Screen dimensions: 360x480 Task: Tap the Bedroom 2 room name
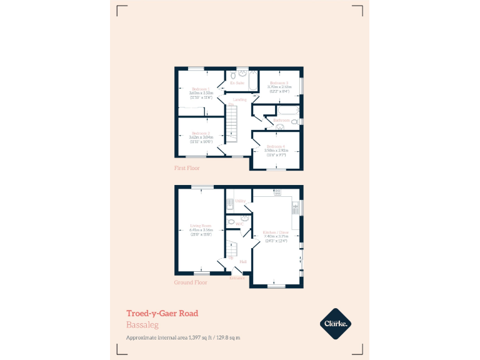tap(201, 133)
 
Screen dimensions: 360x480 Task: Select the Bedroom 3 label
tap(279, 83)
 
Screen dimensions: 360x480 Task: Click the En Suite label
tap(237, 83)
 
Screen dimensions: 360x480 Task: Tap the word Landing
tap(239, 100)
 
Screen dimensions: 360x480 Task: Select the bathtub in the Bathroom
tap(287, 111)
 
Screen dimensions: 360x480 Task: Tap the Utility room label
tap(240, 201)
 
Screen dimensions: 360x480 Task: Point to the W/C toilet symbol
tap(231, 221)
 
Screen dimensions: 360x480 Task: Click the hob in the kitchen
tap(276, 192)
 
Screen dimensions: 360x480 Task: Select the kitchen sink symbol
tap(296, 206)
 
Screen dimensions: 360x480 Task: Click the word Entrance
tap(237, 278)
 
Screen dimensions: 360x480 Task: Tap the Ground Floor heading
tap(191, 282)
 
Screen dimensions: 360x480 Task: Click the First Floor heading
tap(187, 168)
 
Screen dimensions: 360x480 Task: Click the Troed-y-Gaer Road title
tap(162, 313)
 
